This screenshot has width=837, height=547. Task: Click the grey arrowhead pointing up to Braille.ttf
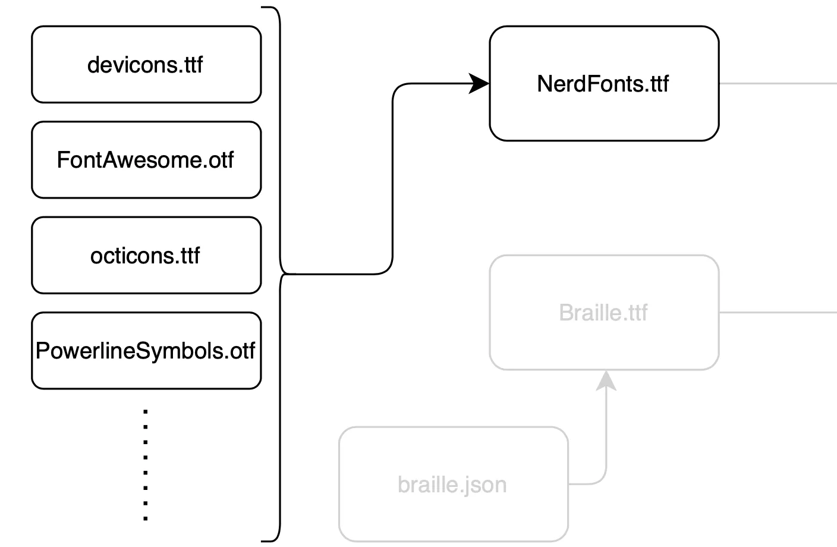coord(606,381)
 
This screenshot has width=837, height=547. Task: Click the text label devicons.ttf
coord(145,65)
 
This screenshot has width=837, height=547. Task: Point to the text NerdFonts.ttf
coord(603,84)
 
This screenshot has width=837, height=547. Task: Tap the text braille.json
coord(452,485)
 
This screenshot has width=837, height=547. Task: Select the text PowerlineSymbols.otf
coord(145,351)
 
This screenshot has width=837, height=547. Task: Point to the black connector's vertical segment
coord(392,178)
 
